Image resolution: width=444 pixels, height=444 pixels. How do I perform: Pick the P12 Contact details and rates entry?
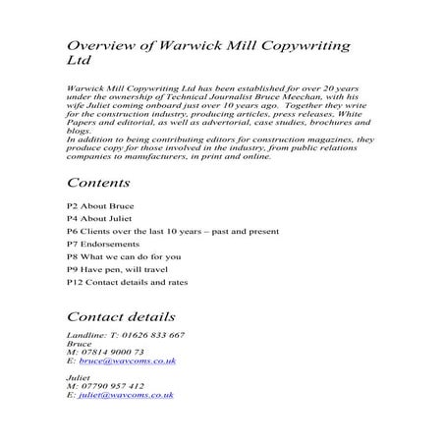(128, 282)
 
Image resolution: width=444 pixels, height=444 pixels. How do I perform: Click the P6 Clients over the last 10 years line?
(172, 231)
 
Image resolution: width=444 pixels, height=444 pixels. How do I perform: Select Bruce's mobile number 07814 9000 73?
(109, 353)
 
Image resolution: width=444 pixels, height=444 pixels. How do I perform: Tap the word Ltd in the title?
(78, 62)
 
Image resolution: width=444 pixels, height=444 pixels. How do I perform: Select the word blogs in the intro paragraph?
(77, 132)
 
